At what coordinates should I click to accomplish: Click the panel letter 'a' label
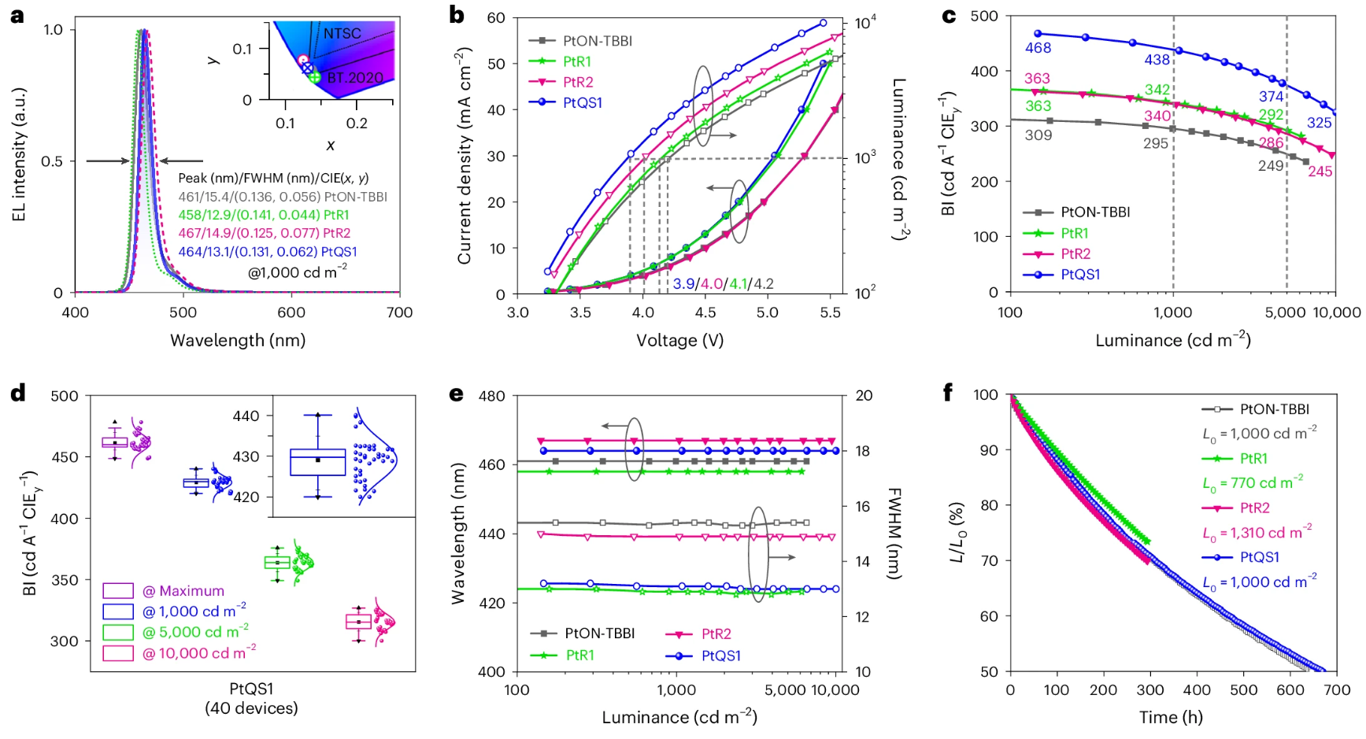point(17,15)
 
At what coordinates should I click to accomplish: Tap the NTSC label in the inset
point(342,34)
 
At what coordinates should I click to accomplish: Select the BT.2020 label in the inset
point(355,78)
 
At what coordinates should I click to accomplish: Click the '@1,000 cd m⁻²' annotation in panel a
point(298,272)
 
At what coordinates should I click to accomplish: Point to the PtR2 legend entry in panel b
point(578,82)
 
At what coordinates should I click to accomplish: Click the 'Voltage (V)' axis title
point(679,340)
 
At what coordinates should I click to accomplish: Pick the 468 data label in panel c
point(1038,48)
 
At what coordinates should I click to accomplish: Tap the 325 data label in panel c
point(1320,123)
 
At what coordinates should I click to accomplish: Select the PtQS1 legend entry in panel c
point(1080,275)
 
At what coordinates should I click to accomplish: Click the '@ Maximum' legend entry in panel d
point(183,591)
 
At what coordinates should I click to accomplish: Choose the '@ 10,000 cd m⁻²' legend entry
point(198,653)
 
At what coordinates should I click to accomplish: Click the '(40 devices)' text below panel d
point(251,708)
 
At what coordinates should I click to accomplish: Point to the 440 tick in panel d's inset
point(246,416)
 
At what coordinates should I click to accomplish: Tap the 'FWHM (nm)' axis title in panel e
point(894,534)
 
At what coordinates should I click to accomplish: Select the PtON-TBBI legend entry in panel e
point(599,634)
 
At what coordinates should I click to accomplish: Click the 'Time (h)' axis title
point(1171,717)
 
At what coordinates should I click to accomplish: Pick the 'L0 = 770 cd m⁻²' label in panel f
point(1253,483)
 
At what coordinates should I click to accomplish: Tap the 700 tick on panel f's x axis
point(1337,690)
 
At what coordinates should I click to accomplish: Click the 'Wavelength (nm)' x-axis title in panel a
point(238,340)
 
